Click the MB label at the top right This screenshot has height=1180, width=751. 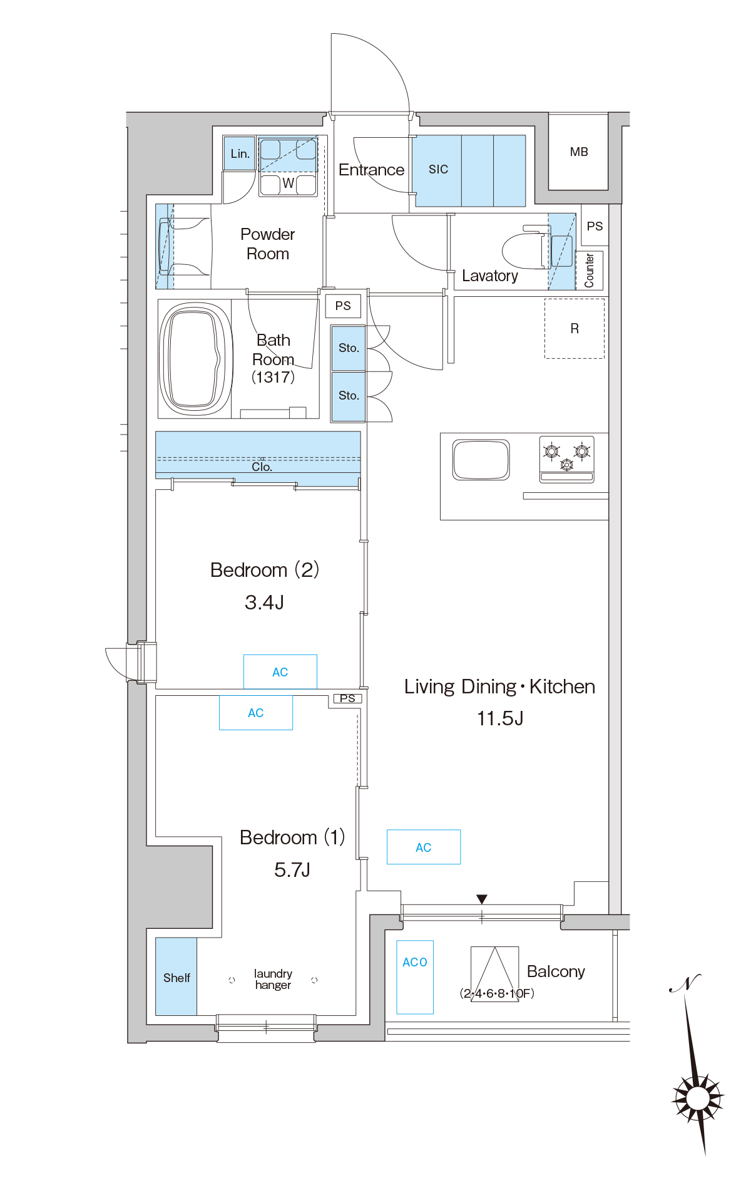[579, 152]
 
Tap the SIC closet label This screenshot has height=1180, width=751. [438, 169]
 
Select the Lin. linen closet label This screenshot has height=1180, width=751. [240, 153]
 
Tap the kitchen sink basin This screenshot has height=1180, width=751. [481, 460]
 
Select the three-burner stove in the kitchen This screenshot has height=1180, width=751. [566, 459]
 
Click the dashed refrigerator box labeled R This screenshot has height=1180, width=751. [575, 328]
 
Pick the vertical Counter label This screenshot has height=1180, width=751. [589, 271]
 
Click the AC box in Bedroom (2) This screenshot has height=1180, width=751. [280, 671]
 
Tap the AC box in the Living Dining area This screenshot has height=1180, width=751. [424, 847]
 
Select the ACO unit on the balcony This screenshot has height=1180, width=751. [415, 977]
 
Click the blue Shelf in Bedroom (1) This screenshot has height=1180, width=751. [176, 976]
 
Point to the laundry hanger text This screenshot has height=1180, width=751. [273, 979]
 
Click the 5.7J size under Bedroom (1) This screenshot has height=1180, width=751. [292, 869]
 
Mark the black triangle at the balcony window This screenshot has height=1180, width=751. [481, 899]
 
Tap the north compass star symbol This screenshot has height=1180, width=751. [697, 1098]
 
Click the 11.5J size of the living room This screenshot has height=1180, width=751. [500, 718]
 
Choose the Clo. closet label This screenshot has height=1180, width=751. [262, 467]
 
